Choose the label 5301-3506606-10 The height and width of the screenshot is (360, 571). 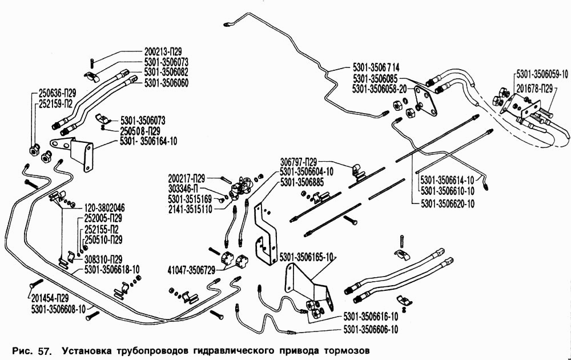pyautogui.click(x=371, y=329)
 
